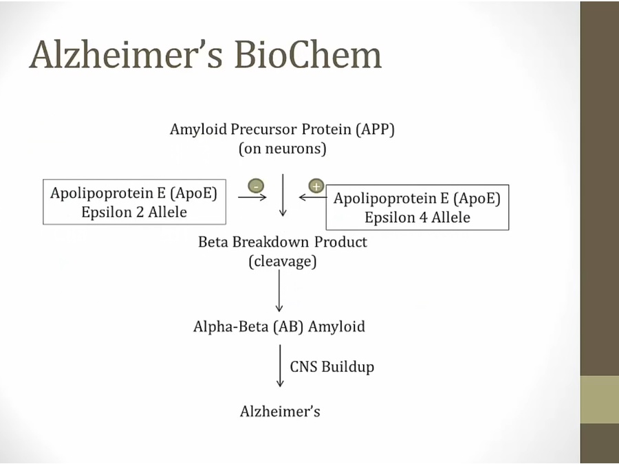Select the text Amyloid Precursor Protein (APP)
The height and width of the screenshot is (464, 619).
[x=283, y=129]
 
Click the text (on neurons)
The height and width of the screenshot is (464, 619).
[x=283, y=148]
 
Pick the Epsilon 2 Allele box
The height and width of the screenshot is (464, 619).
[x=134, y=202]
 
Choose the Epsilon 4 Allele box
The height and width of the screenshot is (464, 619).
[x=417, y=208]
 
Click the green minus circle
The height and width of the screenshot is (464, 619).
[x=255, y=186]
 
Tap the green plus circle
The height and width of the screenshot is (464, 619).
[x=316, y=186]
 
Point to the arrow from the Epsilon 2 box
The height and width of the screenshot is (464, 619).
[x=252, y=197]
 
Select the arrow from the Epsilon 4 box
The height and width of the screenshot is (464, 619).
[x=313, y=198]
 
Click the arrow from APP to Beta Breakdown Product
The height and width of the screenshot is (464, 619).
[x=283, y=195]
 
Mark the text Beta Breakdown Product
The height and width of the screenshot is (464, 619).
[x=283, y=242]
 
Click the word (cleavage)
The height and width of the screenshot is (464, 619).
[x=283, y=262]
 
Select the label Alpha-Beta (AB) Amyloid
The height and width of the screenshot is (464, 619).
[x=279, y=327]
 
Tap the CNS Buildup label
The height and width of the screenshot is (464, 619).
[x=332, y=366]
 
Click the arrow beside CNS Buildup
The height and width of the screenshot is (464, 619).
[x=279, y=366]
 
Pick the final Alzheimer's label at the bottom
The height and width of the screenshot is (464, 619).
[x=280, y=412]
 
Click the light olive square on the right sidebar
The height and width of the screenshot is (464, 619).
[x=600, y=399]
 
